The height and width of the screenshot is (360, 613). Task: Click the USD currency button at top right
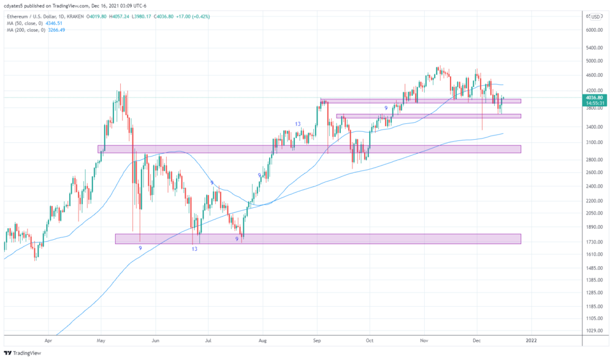click(595, 17)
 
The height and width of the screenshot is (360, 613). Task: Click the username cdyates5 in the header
click(15, 6)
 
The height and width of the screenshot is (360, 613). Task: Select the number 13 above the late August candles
click(297, 124)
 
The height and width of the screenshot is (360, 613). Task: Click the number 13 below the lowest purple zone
click(194, 248)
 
